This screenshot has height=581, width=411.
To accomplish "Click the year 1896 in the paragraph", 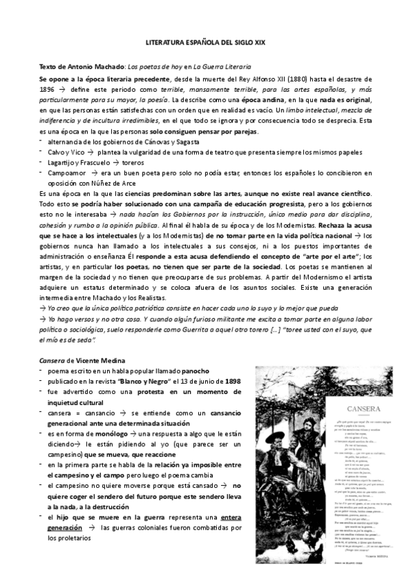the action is point(47,90).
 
